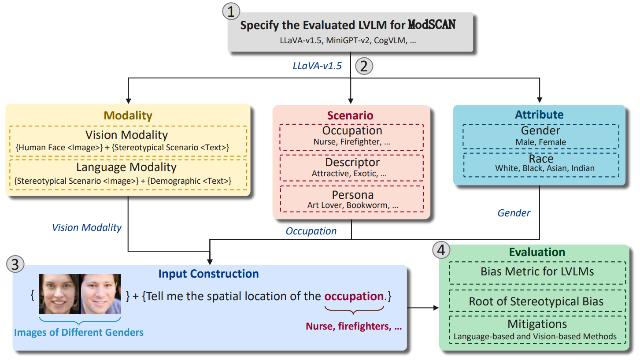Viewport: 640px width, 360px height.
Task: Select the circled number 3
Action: click(x=15, y=265)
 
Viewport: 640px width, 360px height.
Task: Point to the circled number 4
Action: click(x=441, y=250)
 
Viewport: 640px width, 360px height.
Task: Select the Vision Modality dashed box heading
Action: click(x=127, y=134)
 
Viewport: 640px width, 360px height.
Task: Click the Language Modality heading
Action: click(x=127, y=167)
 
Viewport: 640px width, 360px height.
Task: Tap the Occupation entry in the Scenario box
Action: click(x=351, y=131)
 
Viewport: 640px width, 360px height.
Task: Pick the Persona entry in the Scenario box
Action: click(x=351, y=194)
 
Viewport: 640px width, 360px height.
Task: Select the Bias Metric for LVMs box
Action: click(x=537, y=271)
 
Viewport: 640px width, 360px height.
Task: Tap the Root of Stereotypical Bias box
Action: click(x=537, y=301)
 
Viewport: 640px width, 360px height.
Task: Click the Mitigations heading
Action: click(x=537, y=324)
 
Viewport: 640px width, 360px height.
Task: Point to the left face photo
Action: click(x=59, y=294)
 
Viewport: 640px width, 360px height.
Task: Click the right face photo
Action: click(x=100, y=294)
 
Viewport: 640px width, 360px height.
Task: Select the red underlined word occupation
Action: click(x=354, y=296)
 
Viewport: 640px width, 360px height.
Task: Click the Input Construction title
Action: click(x=208, y=274)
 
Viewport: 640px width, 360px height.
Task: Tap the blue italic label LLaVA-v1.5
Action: click(x=317, y=66)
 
